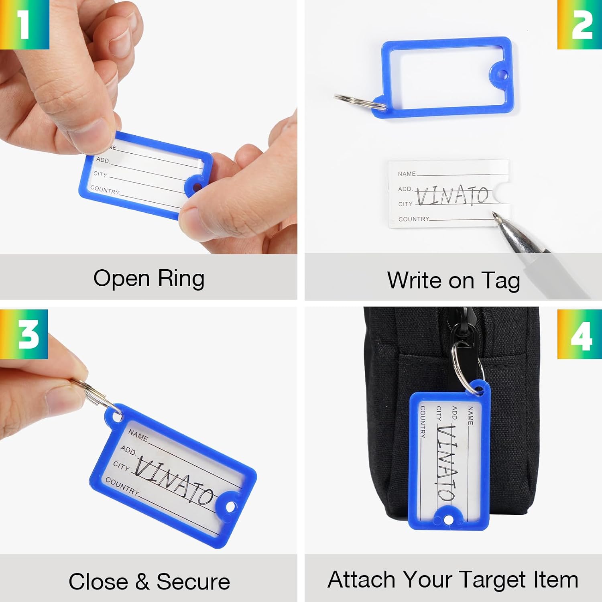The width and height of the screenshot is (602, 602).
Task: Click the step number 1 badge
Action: point(24,24)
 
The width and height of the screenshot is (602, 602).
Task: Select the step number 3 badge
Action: point(24,334)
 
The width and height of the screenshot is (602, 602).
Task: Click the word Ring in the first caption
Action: point(181,279)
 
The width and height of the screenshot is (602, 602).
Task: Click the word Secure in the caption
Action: point(193,582)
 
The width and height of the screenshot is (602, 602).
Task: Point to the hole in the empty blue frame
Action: point(502,74)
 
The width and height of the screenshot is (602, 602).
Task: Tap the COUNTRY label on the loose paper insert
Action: point(414,219)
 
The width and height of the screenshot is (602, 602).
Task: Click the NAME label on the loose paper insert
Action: point(407,174)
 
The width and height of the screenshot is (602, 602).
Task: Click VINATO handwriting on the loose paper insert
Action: point(452,196)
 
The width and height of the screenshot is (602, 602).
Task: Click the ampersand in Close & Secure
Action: point(142,582)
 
